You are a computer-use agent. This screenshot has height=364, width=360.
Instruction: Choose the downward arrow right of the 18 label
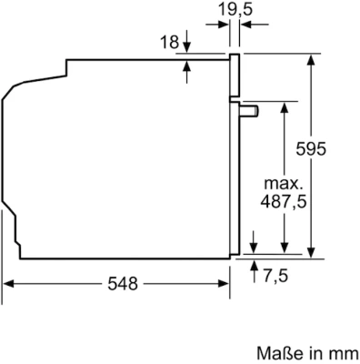point(186,48)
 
